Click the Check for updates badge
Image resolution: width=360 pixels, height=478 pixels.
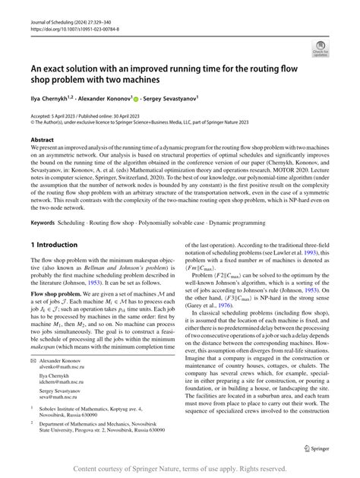(x=319, y=51)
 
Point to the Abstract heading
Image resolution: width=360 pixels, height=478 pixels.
(x=42, y=141)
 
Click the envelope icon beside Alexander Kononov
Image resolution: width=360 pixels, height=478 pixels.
(x=33, y=361)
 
